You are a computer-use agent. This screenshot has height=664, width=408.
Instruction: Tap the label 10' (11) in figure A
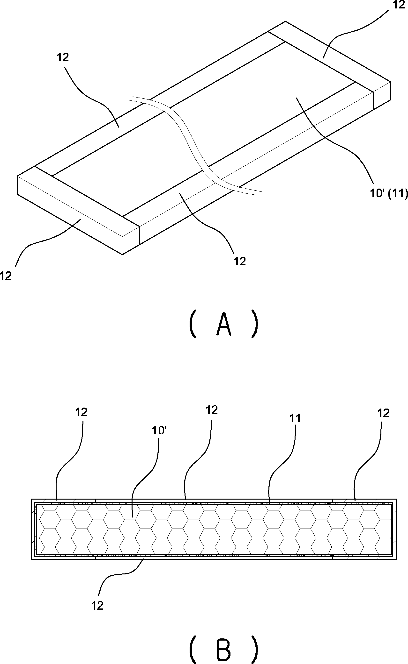pos(389,193)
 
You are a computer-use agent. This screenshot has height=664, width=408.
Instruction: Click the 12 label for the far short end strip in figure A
pos(399,5)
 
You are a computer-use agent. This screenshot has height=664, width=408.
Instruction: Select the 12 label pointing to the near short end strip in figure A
pos(6,276)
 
